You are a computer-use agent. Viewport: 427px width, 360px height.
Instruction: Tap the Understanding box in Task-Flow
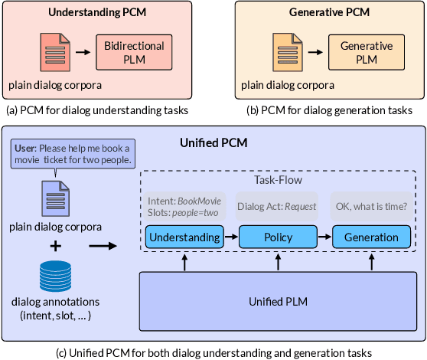184,237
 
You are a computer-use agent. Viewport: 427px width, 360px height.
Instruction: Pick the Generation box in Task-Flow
370,237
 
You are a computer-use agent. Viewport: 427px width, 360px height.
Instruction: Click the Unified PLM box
278,301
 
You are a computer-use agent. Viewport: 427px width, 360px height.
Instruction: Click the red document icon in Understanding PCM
53,51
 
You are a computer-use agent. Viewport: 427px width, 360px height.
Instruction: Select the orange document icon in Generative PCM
284,51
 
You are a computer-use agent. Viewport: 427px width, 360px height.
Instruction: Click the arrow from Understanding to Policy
230,237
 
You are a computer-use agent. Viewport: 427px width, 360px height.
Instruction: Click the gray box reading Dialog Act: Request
277,206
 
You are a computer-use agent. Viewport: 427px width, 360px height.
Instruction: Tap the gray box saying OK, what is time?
370,206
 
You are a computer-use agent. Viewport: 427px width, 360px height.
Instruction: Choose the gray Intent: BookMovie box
184,206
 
